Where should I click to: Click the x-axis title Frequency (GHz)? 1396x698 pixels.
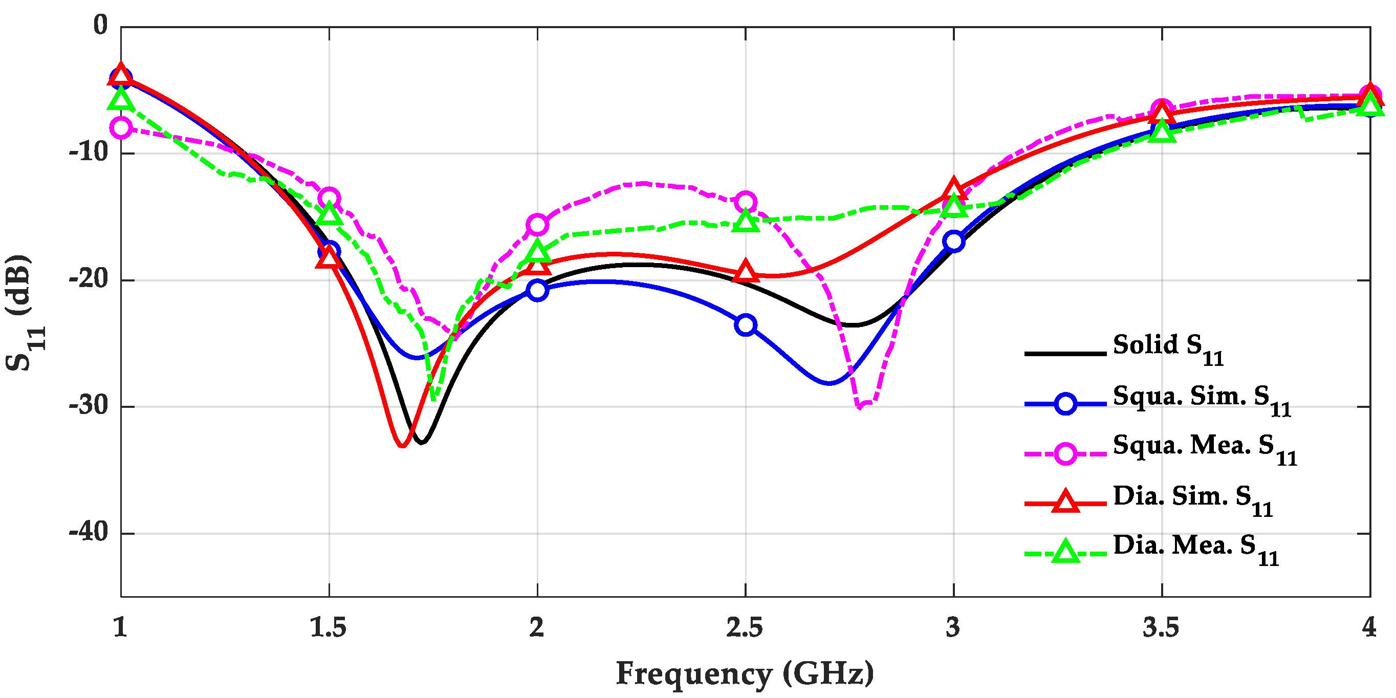coord(745,674)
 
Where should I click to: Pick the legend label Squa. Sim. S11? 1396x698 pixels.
coord(1201,399)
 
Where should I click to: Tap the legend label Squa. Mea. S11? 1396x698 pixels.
coord(1204,449)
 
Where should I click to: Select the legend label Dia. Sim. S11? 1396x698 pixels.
coord(1192,499)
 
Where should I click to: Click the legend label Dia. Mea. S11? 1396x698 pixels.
coord(1195,549)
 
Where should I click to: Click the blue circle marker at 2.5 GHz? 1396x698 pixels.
coord(745,324)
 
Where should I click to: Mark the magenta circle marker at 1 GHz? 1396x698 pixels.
coord(120,128)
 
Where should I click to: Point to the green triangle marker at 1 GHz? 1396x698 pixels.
coord(120,99)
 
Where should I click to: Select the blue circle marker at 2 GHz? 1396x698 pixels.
coord(537,290)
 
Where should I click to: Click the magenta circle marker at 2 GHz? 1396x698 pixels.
coord(537,224)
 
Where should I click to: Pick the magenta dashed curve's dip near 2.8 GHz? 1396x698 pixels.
coord(860,406)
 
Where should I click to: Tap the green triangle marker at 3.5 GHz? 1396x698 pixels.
coord(1161,132)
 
